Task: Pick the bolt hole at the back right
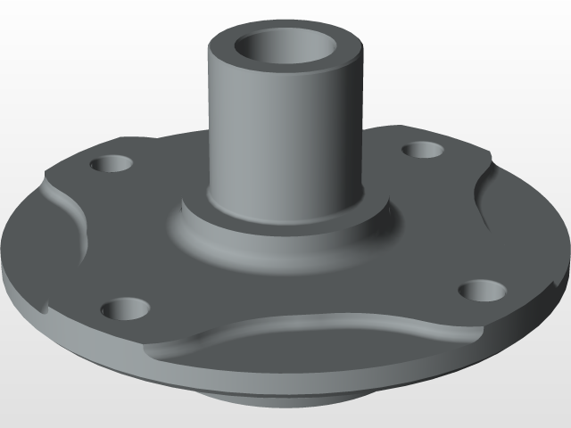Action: [x=420, y=150]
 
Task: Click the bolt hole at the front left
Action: [x=124, y=309]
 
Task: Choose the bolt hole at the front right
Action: [x=482, y=290]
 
